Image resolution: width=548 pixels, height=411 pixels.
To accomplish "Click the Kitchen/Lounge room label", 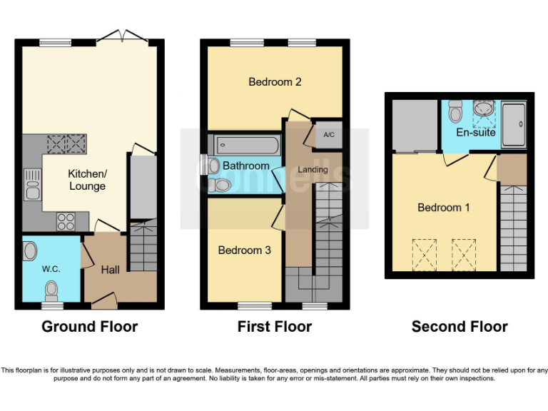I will tap(87, 180).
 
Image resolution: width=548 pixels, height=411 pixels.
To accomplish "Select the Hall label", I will tap(110, 270).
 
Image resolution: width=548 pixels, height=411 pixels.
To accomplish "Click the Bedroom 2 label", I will tap(275, 82).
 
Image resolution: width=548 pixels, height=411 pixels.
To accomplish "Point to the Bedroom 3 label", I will tap(245, 250).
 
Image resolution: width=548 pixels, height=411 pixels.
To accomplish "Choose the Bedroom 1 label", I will tap(444, 208).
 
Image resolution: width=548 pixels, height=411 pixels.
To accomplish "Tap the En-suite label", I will tap(472, 133).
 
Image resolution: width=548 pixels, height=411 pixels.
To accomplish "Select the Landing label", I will tap(313, 169).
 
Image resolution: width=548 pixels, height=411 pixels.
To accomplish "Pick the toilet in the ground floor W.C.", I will tap(51, 290).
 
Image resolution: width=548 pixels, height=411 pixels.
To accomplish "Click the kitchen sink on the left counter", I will tap(32, 185).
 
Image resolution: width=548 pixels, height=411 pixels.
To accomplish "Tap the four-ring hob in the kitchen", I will tap(66, 221).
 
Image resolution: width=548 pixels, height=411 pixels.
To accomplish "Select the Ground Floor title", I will tap(89, 327).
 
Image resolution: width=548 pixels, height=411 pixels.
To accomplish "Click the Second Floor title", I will tap(460, 327).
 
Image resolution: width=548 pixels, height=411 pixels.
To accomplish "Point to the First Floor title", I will tap(275, 327).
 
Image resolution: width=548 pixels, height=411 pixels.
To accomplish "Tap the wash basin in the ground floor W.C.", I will tap(31, 251).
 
